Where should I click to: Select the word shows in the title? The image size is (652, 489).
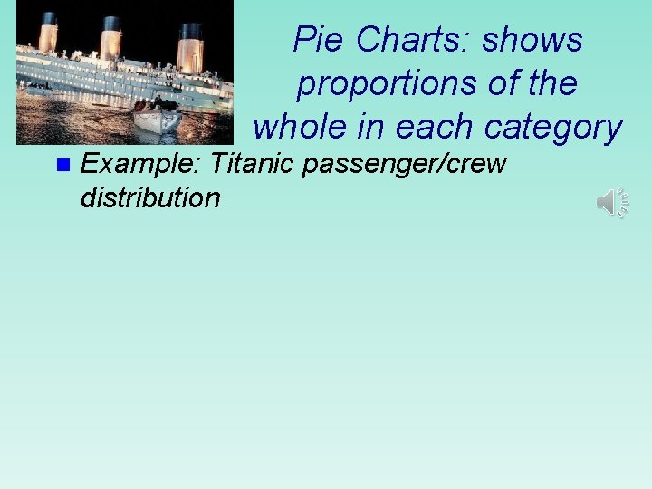(x=532, y=40)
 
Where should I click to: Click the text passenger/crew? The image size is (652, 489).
(x=407, y=165)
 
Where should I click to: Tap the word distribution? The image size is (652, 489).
(x=150, y=197)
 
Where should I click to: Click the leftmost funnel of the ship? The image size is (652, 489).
(x=48, y=34)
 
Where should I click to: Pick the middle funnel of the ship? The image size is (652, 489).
(x=110, y=38)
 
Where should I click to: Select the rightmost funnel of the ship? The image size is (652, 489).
(x=190, y=47)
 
